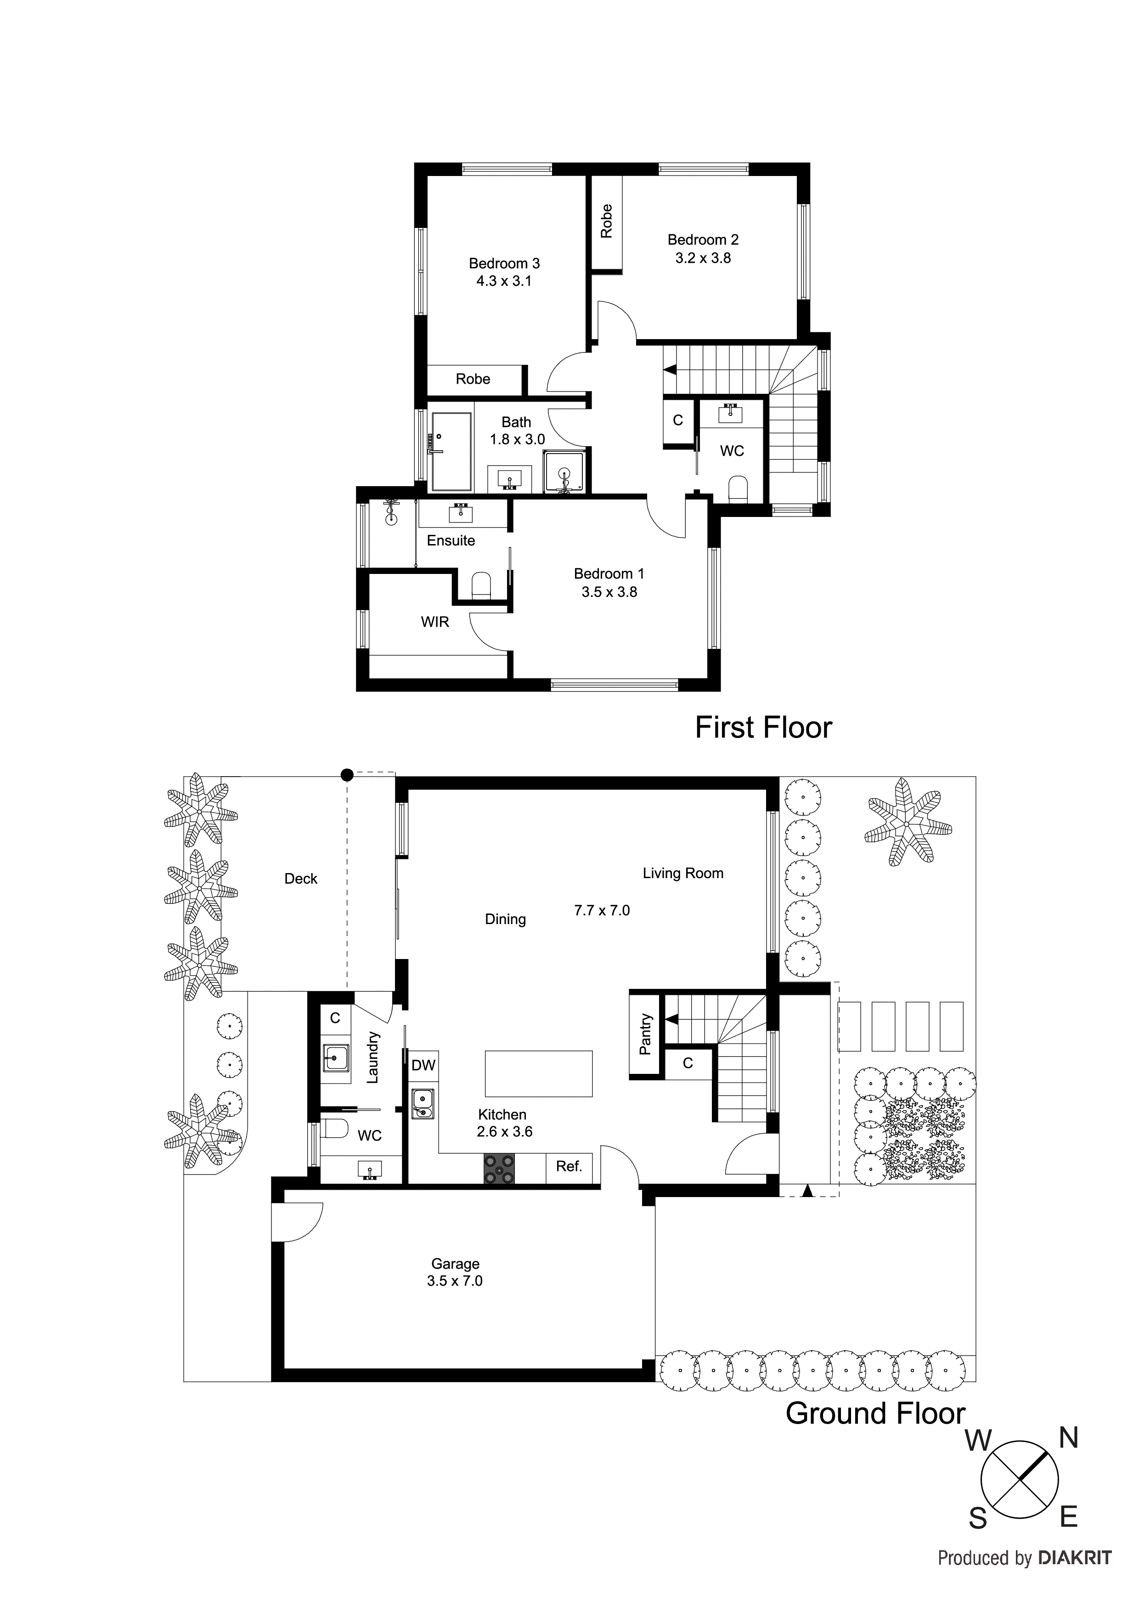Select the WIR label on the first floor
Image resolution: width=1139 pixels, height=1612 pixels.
[x=434, y=622]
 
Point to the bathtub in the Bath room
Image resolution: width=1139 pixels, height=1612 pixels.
[x=451, y=451]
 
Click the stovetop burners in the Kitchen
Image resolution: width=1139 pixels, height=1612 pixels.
[x=499, y=1170]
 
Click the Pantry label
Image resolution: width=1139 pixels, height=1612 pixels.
[x=646, y=1034]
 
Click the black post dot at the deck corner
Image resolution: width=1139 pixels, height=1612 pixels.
[x=347, y=775]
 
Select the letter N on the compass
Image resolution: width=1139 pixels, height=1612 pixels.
[x=1068, y=1439]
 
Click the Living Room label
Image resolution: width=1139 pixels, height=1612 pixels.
[x=683, y=874]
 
